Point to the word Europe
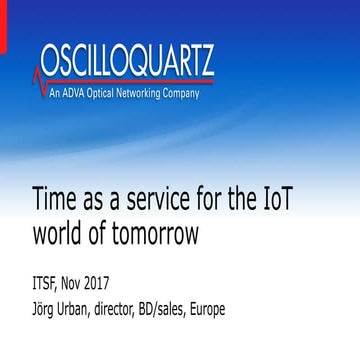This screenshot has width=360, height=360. (273, 300)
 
